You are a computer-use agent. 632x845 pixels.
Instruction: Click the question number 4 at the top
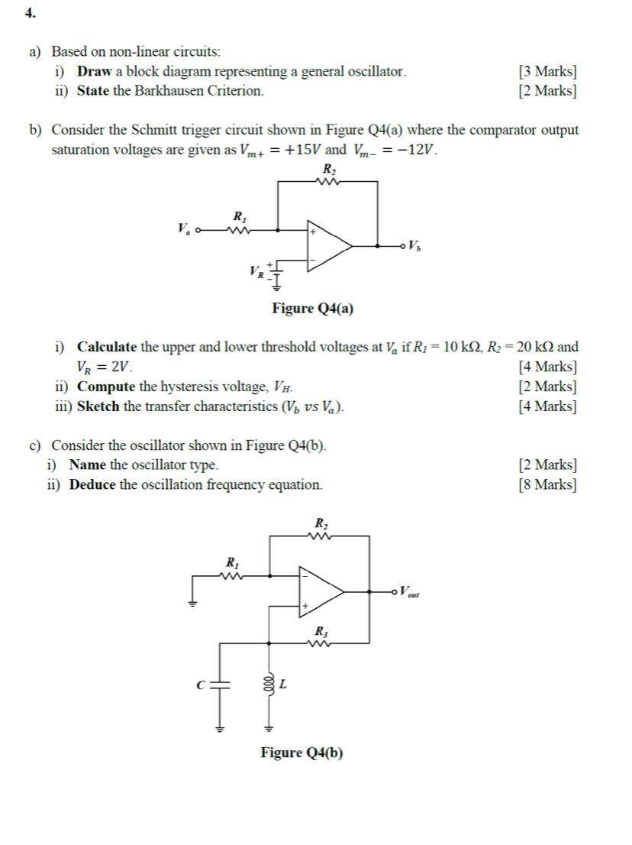[x=29, y=14]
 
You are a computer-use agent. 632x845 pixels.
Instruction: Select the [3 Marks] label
[x=547, y=72]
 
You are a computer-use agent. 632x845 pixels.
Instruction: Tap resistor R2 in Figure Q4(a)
[x=328, y=181]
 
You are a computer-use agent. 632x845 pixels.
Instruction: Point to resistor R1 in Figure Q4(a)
[x=240, y=228]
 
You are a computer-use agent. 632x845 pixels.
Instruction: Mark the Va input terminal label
[x=183, y=228]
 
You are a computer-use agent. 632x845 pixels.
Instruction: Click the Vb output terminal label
[x=414, y=246]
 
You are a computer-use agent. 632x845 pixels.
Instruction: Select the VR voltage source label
[x=256, y=270]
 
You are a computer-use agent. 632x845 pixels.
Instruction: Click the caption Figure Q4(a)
[x=313, y=309]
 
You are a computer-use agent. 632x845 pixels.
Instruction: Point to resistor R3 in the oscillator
[x=321, y=643]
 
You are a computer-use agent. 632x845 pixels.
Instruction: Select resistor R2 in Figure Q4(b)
[x=321, y=536]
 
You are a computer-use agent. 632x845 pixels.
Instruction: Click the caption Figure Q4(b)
[x=301, y=753]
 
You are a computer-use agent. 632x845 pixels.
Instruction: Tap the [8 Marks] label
[x=547, y=484]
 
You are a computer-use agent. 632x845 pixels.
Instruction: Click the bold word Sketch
[x=98, y=406]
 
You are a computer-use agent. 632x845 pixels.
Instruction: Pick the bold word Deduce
[x=92, y=484]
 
